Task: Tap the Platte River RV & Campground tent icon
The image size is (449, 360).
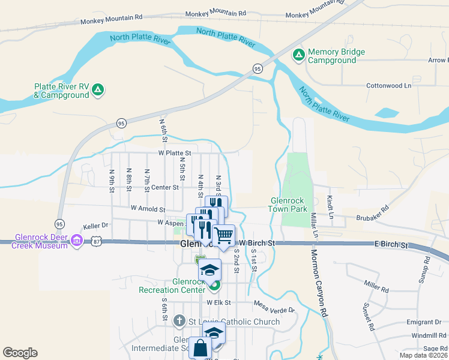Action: (99, 91)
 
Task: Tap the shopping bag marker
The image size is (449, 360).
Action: (199, 347)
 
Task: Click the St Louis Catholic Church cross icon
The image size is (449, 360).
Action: (179, 321)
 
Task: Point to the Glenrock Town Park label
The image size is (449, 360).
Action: (289, 205)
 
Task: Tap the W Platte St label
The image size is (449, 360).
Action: (175, 153)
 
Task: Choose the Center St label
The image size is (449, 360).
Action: (165, 187)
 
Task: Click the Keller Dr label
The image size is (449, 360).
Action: (95, 226)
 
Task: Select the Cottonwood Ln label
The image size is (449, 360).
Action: (388, 86)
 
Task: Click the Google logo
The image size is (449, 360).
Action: (20, 353)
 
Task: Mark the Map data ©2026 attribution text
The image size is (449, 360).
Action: (423, 356)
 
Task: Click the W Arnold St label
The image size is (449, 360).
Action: (148, 209)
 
